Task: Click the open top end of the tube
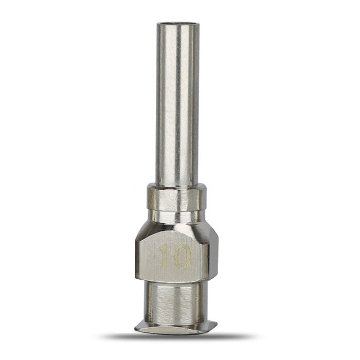178,24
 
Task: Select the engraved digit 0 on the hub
183,257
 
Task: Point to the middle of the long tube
177,103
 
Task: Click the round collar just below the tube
177,197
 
